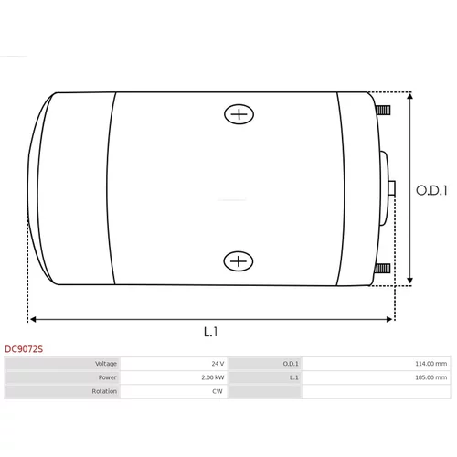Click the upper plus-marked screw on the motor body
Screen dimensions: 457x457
[x=239, y=114]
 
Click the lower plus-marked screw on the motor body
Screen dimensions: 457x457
[x=239, y=261]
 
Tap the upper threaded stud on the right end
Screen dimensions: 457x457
[x=383, y=110]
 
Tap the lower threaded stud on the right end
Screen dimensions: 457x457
[x=382, y=269]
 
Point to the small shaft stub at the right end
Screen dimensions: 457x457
[x=392, y=187]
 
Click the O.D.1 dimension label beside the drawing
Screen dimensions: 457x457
[x=431, y=190]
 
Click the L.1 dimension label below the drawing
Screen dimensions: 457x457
[x=210, y=332]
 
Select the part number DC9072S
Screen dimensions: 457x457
[x=24, y=349]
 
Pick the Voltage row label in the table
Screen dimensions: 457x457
[x=106, y=364]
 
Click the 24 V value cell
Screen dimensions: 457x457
[x=218, y=364]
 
